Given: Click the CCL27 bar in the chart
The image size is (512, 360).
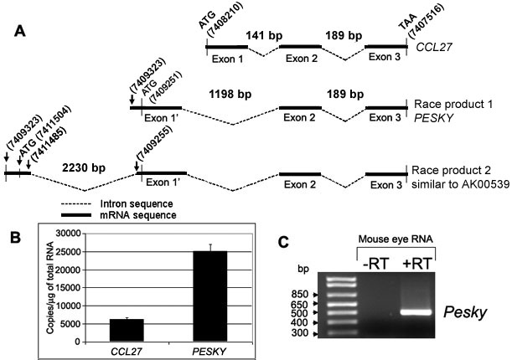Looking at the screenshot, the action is (x=127, y=331).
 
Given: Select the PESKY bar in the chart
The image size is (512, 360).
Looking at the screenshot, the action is (x=210, y=296).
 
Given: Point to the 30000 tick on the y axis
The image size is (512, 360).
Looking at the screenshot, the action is (x=68, y=234).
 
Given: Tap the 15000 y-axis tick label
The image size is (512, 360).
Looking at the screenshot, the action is (x=68, y=288).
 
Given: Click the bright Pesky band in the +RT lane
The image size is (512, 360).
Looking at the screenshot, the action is (x=416, y=312).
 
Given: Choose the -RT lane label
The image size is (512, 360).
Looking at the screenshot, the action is (x=375, y=265).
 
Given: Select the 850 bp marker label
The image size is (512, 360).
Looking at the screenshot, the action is (x=299, y=295).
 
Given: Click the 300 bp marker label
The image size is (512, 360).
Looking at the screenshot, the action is (x=299, y=333).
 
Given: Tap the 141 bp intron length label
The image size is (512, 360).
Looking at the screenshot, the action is (x=264, y=35).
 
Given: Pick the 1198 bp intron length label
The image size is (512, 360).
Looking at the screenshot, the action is (x=230, y=95).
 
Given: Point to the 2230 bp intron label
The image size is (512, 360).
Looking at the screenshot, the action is (x=84, y=168).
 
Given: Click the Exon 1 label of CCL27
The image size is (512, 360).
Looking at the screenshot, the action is (x=228, y=59).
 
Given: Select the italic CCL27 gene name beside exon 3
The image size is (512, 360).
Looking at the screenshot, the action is (x=434, y=47).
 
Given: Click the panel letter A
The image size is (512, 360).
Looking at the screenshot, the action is (x=20, y=32).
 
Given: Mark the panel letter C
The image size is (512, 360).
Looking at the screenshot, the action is (x=284, y=242).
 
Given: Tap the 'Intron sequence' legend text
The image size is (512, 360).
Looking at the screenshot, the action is (x=137, y=204).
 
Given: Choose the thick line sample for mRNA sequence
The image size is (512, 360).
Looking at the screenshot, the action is (x=76, y=215).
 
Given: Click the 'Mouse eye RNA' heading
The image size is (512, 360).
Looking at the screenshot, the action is (x=396, y=239).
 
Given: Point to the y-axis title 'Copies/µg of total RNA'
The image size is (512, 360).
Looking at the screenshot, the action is (x=50, y=288).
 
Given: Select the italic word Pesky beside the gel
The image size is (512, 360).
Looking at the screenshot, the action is (x=465, y=313).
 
